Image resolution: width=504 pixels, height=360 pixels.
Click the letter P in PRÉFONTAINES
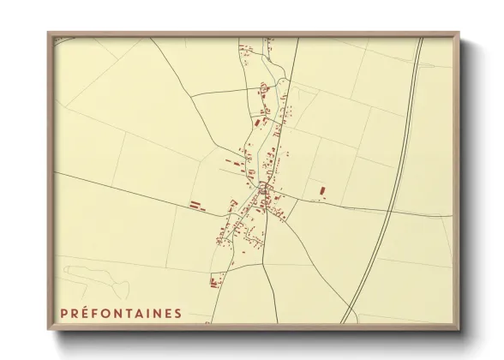pyautogui.click(x=63, y=314)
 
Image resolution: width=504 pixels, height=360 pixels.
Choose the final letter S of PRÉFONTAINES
pyautogui.click(x=177, y=314)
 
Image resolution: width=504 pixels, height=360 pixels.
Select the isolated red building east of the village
pyautogui.click(x=322, y=191)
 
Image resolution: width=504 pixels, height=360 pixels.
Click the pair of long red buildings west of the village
pyautogui.click(x=197, y=205)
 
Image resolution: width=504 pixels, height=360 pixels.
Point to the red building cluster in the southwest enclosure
pyautogui.click(x=215, y=279)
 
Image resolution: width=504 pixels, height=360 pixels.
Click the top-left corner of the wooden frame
pyautogui.click(x=50, y=35)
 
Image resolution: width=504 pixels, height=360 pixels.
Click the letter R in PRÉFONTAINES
pyautogui.click(x=75, y=314)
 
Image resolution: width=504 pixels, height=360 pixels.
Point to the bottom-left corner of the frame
pyautogui.click(x=50, y=328)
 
